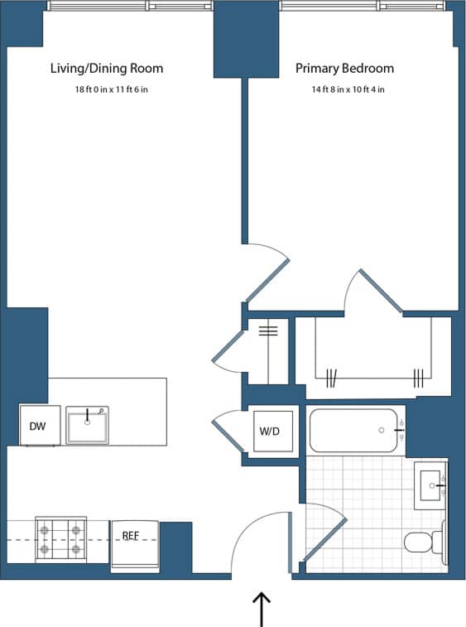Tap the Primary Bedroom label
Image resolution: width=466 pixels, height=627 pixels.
344,69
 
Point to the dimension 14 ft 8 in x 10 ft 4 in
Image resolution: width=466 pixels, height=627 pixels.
348,89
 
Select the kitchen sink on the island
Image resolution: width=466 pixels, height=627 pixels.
87,425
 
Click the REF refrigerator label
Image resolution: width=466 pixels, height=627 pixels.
131,536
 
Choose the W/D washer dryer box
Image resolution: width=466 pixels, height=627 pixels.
270,431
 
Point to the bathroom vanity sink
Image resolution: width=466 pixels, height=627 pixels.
430,485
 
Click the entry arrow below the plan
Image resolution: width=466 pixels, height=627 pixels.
262,609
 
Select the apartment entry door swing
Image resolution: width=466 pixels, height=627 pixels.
261,543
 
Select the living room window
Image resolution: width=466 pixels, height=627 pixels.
130,6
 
